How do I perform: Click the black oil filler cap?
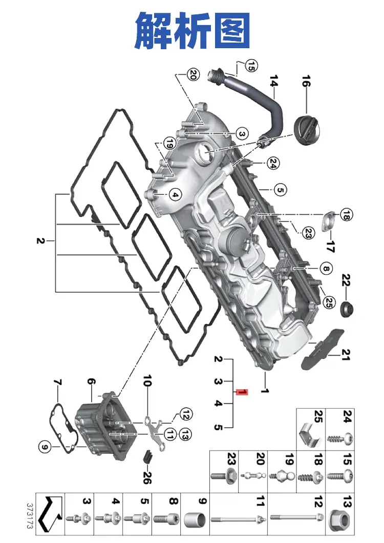307,131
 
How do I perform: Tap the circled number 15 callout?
251,66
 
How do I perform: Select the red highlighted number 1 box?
242,392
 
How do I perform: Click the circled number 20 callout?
193,74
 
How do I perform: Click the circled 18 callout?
346,215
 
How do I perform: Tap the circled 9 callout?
44,447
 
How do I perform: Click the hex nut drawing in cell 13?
340,519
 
